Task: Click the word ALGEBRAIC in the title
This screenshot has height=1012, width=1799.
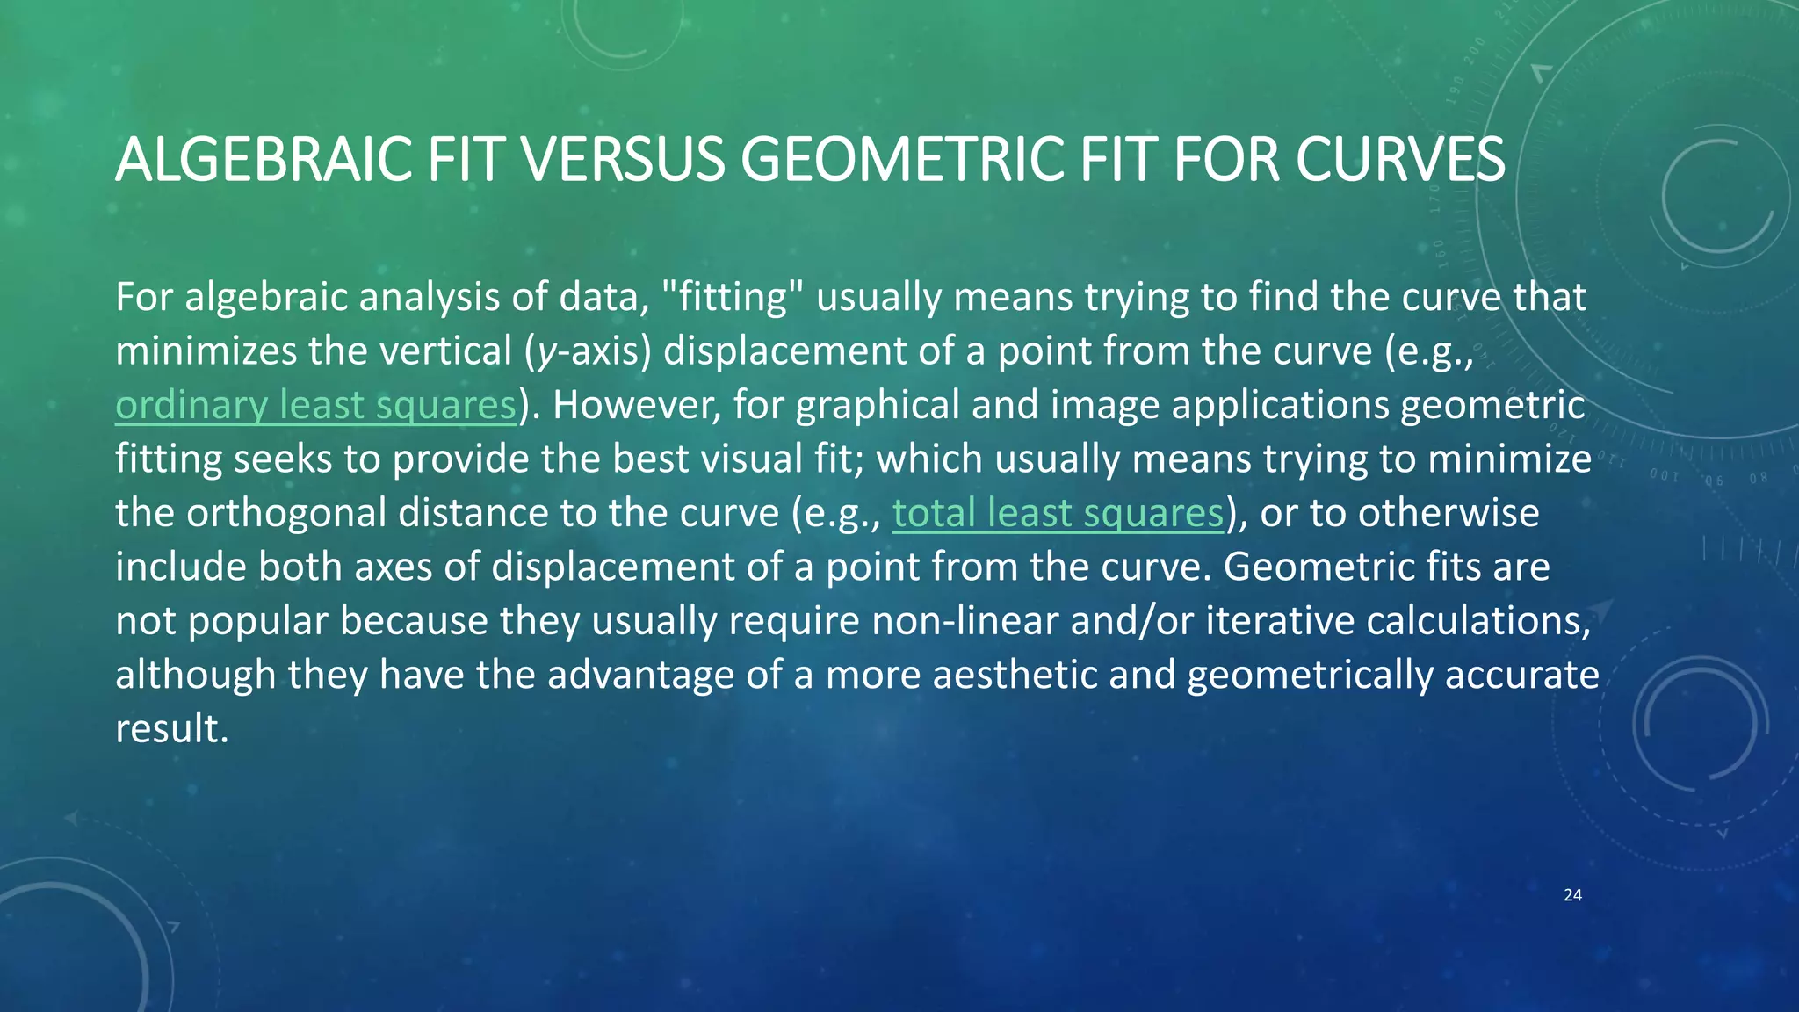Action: pyautogui.click(x=264, y=160)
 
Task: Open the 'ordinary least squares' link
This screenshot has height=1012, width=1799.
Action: pyautogui.click(x=315, y=405)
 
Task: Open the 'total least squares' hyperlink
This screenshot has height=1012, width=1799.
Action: pyautogui.click(x=1058, y=513)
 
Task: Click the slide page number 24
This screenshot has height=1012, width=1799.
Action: pyautogui.click(x=1572, y=895)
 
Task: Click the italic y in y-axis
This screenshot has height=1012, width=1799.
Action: pyautogui.click(x=546, y=352)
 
